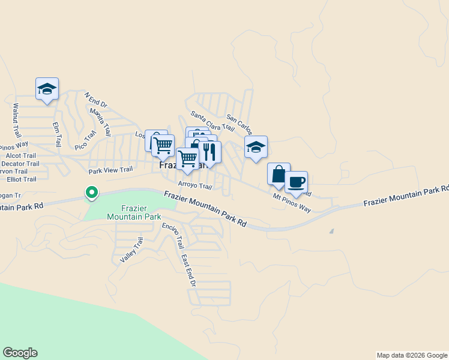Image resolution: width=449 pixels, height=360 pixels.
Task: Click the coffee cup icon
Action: (x=295, y=182)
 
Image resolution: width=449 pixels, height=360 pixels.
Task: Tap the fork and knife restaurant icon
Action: (x=209, y=151)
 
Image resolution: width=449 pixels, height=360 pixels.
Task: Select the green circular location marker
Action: (x=91, y=193)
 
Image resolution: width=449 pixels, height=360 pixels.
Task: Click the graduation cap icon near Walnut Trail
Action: (x=47, y=89)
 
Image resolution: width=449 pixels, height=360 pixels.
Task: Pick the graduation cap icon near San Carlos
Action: (x=256, y=147)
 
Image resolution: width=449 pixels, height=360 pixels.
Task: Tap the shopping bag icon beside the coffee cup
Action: (x=279, y=174)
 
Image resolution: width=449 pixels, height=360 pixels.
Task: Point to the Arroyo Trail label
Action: (x=195, y=186)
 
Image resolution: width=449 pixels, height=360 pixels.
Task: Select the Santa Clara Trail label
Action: (x=212, y=121)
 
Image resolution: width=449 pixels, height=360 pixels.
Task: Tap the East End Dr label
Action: (x=187, y=270)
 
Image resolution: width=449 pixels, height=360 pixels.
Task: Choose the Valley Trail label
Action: (x=132, y=250)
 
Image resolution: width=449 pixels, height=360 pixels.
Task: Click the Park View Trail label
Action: (x=110, y=170)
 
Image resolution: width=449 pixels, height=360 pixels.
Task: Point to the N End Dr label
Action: (x=95, y=100)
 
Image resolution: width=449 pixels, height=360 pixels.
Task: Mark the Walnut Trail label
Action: (x=17, y=120)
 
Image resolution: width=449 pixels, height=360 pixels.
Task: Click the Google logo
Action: (x=20, y=353)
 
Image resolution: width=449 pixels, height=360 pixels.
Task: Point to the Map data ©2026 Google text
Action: (x=411, y=355)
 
